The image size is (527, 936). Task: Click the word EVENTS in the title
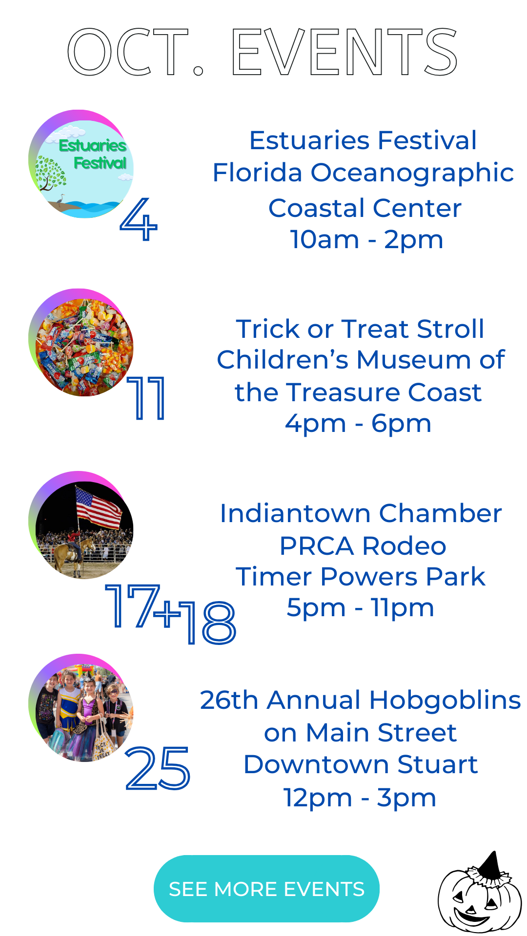pos(344,52)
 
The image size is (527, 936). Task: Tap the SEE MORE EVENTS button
pos(266,889)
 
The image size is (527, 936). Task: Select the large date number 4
pos(139,219)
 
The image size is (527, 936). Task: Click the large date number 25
pos(158,768)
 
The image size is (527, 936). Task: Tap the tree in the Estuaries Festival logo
pos(50,174)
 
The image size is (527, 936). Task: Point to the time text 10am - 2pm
pos(366,240)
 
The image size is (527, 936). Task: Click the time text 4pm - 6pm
pos(358,424)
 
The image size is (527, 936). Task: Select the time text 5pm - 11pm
pos(360,608)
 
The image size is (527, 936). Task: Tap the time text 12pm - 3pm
pos(360,798)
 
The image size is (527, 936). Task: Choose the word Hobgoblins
pos(445,701)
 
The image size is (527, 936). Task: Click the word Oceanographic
pos(412,174)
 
